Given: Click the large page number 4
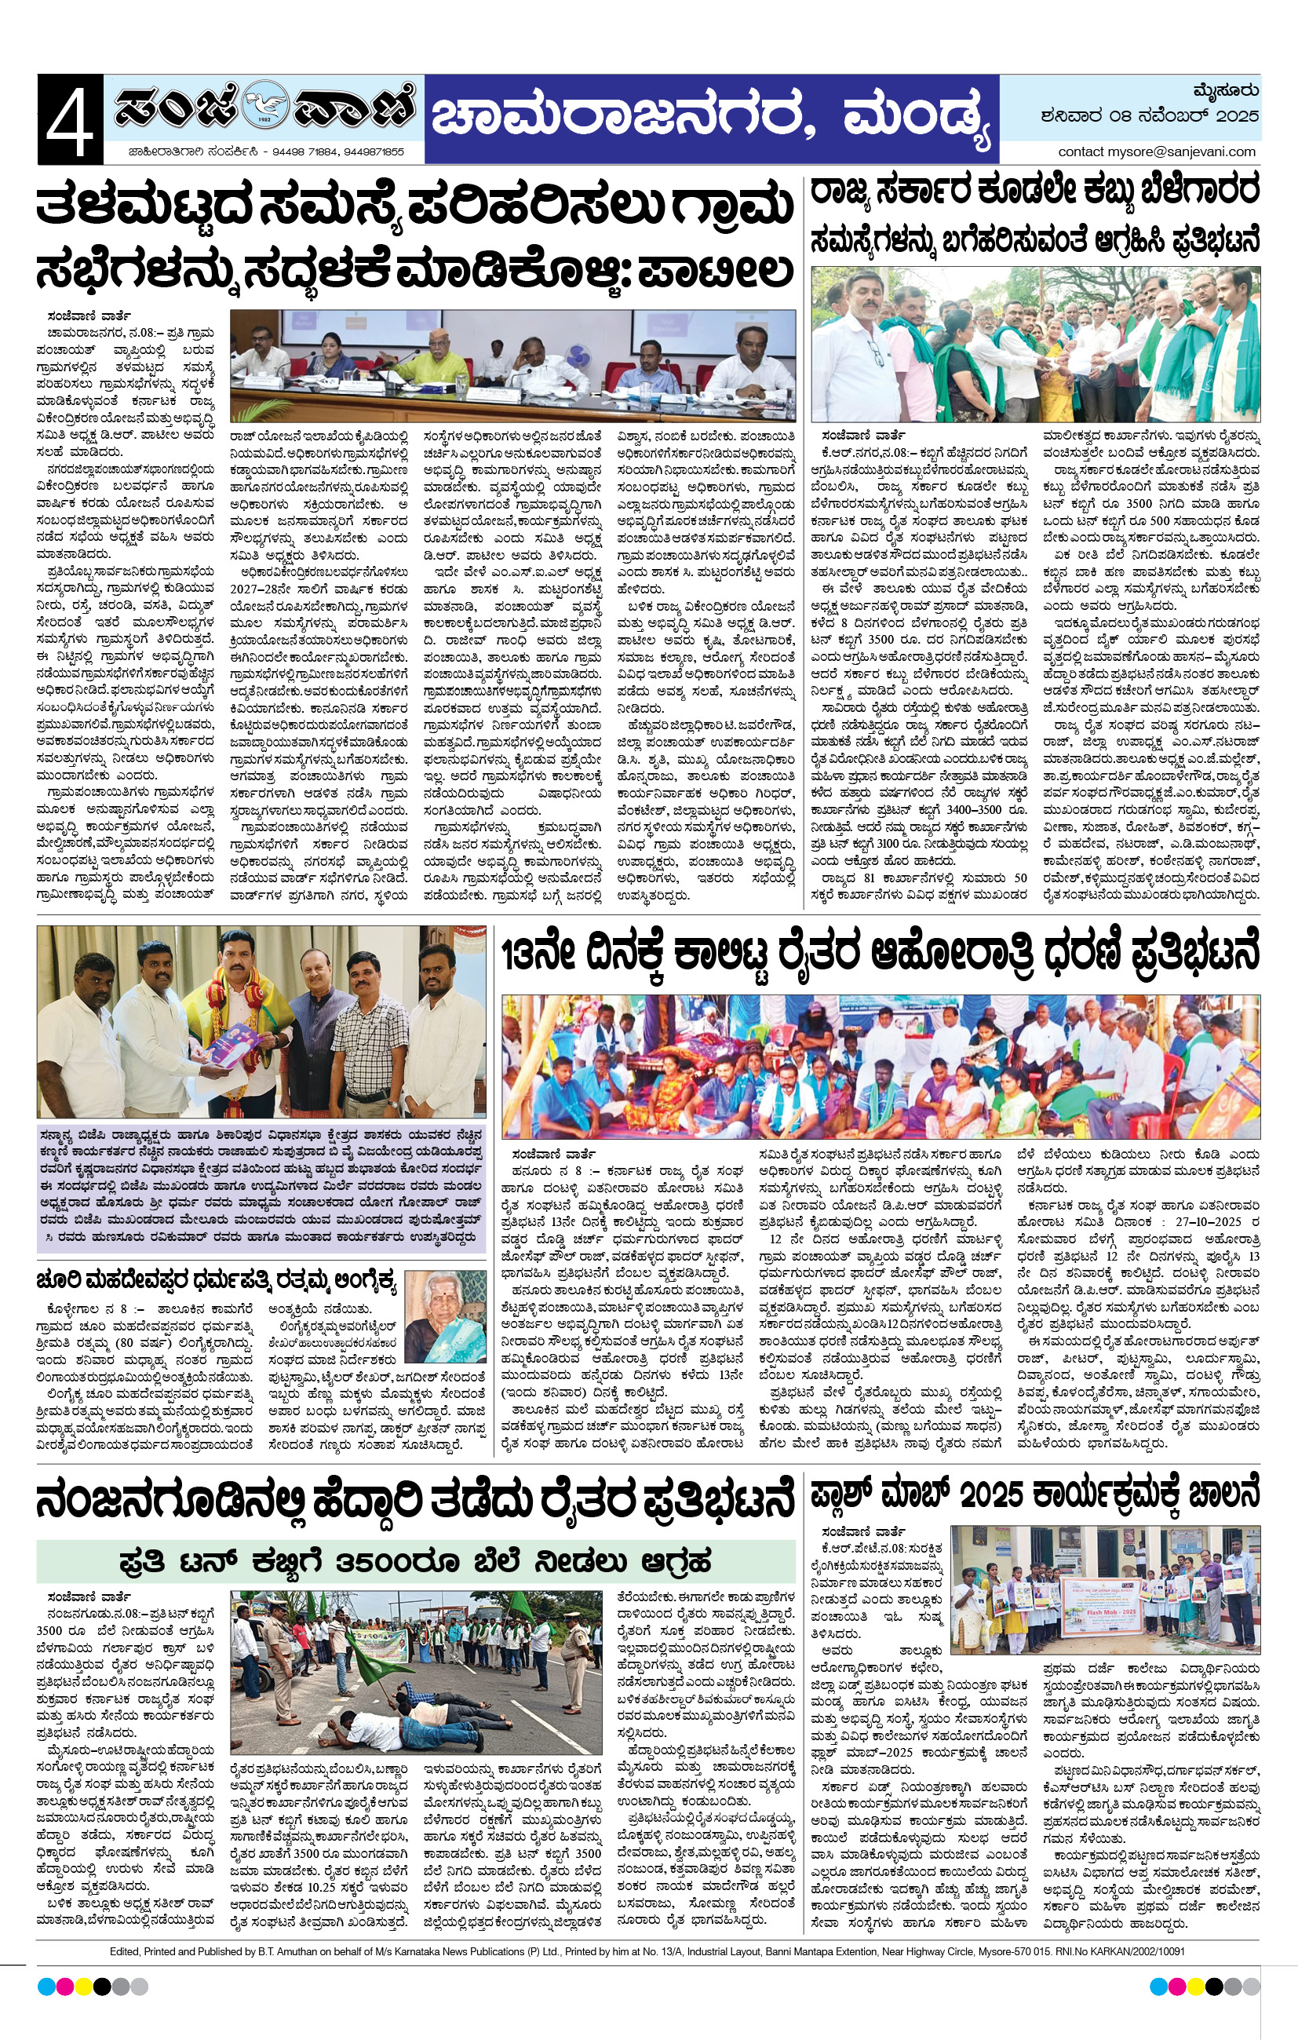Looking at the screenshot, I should coord(70,119).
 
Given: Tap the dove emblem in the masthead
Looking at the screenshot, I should coord(264,108).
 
